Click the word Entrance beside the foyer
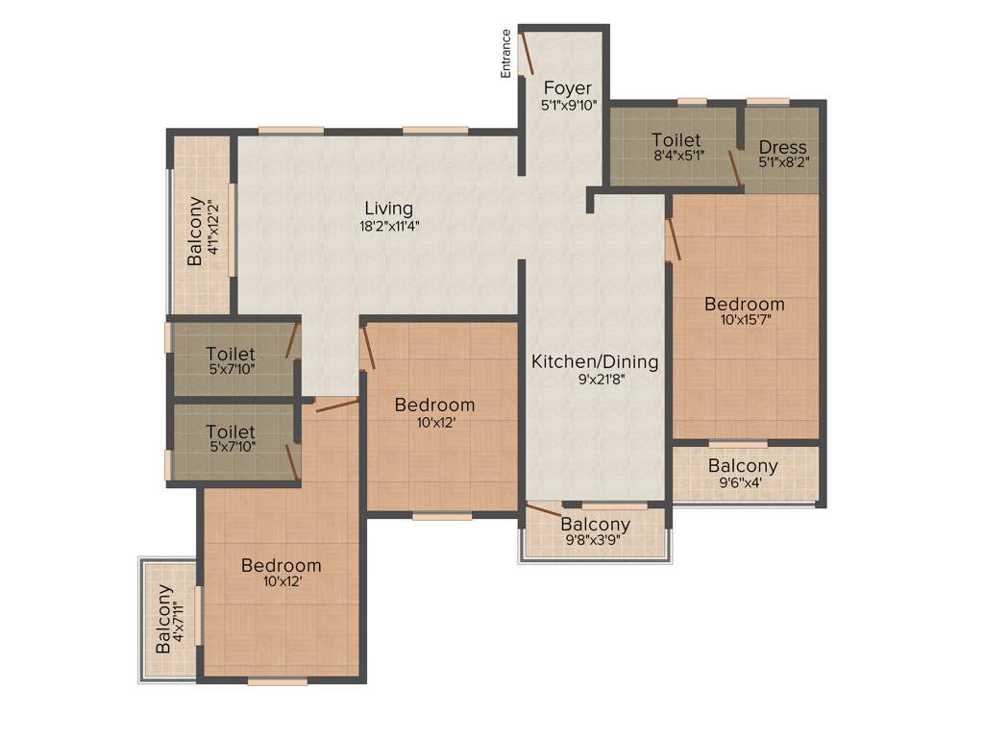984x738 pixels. pos(506,53)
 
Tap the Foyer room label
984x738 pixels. pos(568,88)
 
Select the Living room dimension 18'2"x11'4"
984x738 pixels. pos(388,227)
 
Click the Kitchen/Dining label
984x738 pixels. pos(596,362)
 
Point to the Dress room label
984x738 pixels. pos(782,147)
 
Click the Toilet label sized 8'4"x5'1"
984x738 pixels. pos(676,140)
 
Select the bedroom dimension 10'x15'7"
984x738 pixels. pos(745,321)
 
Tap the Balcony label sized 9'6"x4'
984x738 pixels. pos(743,466)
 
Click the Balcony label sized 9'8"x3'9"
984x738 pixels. pos(596,525)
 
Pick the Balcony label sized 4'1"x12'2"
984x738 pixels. pos(196,231)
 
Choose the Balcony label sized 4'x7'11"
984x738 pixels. pos(164,620)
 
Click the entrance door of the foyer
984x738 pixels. pos(527,53)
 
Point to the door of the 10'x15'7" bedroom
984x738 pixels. pos(674,237)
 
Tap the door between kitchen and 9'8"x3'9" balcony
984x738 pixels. pos(544,509)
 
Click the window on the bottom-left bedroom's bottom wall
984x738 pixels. pos(277,681)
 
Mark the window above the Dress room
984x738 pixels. pos(768,101)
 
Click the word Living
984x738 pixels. pos(388,209)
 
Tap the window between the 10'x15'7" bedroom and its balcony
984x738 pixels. pos(738,444)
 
